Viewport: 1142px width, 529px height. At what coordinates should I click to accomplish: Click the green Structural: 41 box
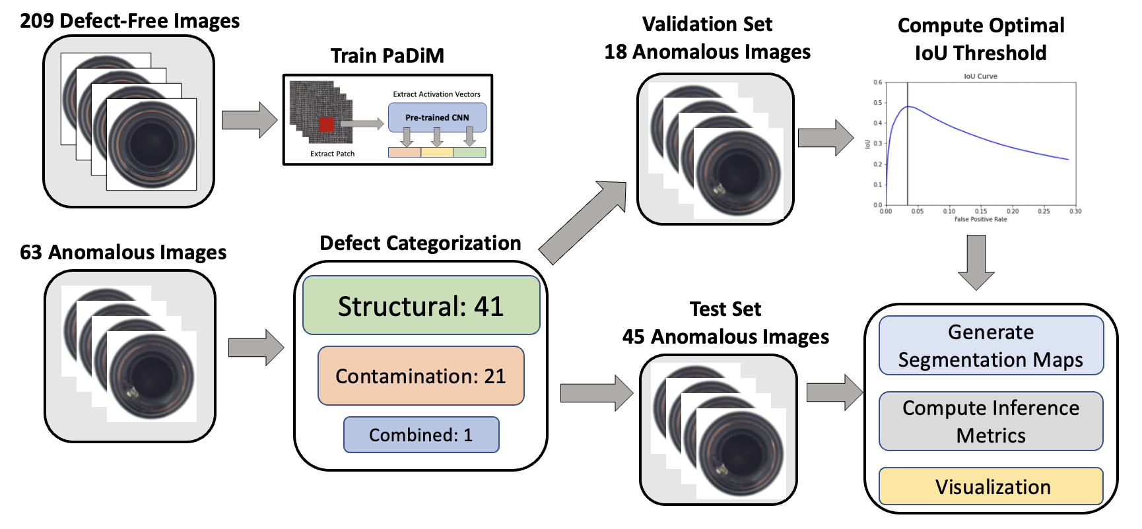pyautogui.click(x=421, y=305)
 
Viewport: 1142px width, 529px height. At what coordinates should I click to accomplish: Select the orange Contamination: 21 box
pyautogui.click(x=420, y=375)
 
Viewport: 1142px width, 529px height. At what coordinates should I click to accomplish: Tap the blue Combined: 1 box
pyautogui.click(x=420, y=435)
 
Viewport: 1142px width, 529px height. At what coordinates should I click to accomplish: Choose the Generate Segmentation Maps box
pyautogui.click(x=990, y=346)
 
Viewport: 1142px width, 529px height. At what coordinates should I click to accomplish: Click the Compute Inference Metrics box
pyautogui.click(x=990, y=421)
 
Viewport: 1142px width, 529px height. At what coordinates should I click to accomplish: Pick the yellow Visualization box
pyautogui.click(x=991, y=487)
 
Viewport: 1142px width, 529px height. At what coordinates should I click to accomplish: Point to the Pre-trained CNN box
pyautogui.click(x=437, y=117)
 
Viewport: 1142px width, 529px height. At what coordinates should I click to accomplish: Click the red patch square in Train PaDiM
pyautogui.click(x=327, y=124)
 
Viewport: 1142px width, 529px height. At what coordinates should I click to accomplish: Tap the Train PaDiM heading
pyautogui.click(x=387, y=55)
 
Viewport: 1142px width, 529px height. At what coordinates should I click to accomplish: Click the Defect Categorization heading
pyautogui.click(x=420, y=243)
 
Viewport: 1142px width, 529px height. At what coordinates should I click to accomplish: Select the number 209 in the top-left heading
pyautogui.click(x=37, y=21)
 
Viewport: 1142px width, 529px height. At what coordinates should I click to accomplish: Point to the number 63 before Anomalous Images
pyautogui.click(x=31, y=253)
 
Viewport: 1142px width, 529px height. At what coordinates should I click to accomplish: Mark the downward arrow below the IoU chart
pyautogui.click(x=976, y=262)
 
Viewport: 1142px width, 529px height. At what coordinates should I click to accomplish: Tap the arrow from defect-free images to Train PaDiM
pyautogui.click(x=250, y=120)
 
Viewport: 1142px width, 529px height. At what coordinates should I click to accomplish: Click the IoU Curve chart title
pyautogui.click(x=980, y=77)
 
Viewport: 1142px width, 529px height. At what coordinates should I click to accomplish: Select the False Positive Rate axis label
pyautogui.click(x=980, y=219)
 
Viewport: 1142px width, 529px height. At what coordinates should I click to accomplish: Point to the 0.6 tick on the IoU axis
pyautogui.click(x=877, y=82)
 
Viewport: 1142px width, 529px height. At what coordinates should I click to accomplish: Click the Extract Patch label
pyautogui.click(x=332, y=154)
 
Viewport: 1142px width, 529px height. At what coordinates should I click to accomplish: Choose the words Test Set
pyautogui.click(x=725, y=309)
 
